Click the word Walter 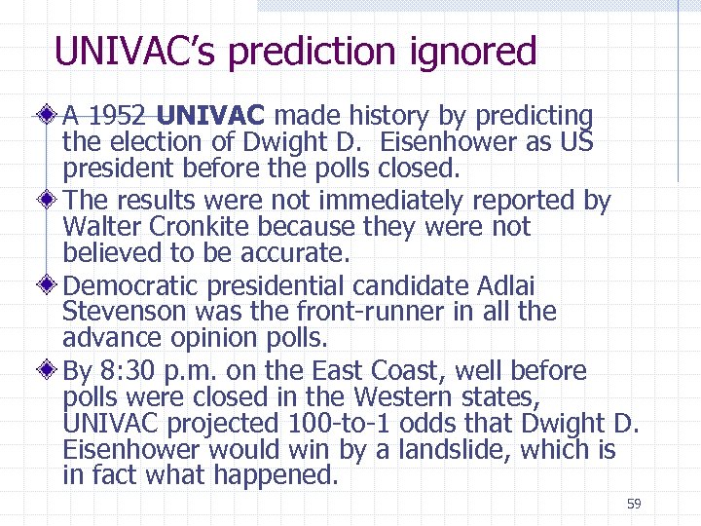pyautogui.click(x=97, y=228)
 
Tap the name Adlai pyautogui.click(x=507, y=287)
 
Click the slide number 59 pyautogui.click(x=634, y=504)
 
